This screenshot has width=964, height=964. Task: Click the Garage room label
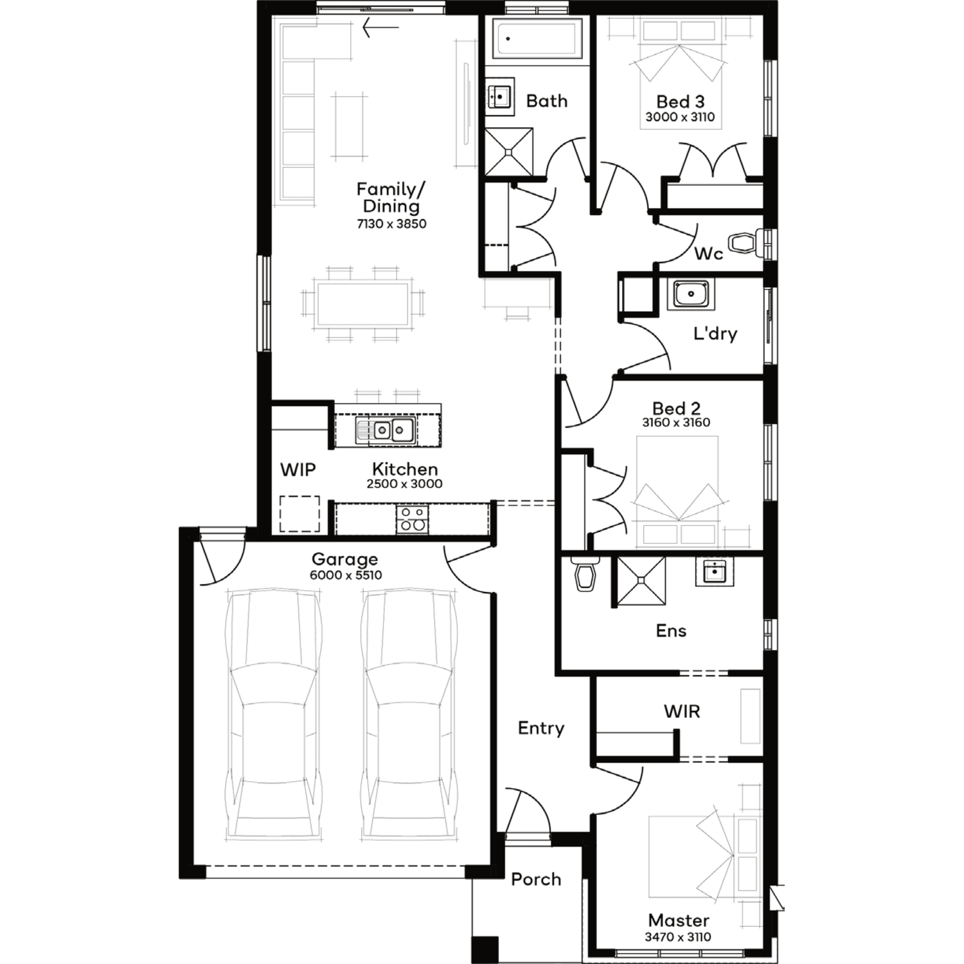click(x=344, y=559)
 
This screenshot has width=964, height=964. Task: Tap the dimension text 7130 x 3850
click(x=391, y=224)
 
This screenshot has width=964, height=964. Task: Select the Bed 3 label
click(x=680, y=102)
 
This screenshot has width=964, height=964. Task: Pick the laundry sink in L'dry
click(x=691, y=294)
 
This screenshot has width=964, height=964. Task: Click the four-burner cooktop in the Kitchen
click(x=412, y=519)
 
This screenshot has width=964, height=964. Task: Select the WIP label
click(x=298, y=469)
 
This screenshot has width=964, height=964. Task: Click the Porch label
click(x=536, y=879)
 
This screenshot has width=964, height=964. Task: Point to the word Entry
click(x=541, y=728)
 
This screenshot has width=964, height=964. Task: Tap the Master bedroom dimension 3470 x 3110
click(x=678, y=937)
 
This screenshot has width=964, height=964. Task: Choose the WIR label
click(x=682, y=711)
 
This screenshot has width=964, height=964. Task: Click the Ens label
click(x=671, y=630)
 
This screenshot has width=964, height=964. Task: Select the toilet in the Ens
click(x=585, y=573)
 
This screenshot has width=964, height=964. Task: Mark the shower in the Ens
click(x=641, y=580)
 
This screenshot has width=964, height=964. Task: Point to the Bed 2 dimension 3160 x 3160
click(x=676, y=422)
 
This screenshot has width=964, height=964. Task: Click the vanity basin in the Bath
click(x=499, y=96)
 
